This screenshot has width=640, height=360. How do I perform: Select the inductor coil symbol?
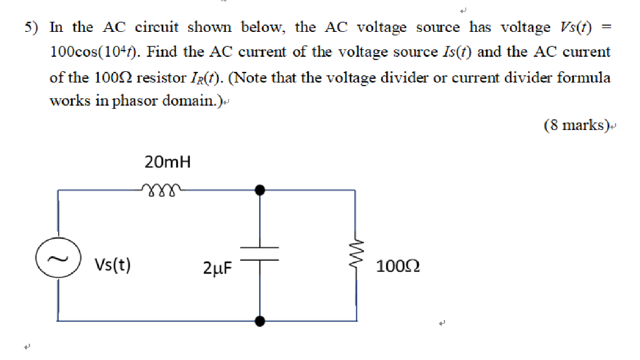click(x=161, y=187)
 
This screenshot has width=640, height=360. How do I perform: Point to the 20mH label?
click(x=167, y=163)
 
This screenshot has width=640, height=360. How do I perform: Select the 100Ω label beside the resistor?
click(x=398, y=267)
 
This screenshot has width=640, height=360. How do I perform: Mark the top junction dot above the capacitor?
click(x=261, y=189)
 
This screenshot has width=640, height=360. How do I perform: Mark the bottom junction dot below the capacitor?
click(x=261, y=321)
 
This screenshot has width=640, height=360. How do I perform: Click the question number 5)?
click(x=32, y=27)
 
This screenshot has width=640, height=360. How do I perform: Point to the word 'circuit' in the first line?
click(x=157, y=27)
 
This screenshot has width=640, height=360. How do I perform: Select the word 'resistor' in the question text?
click(x=157, y=78)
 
